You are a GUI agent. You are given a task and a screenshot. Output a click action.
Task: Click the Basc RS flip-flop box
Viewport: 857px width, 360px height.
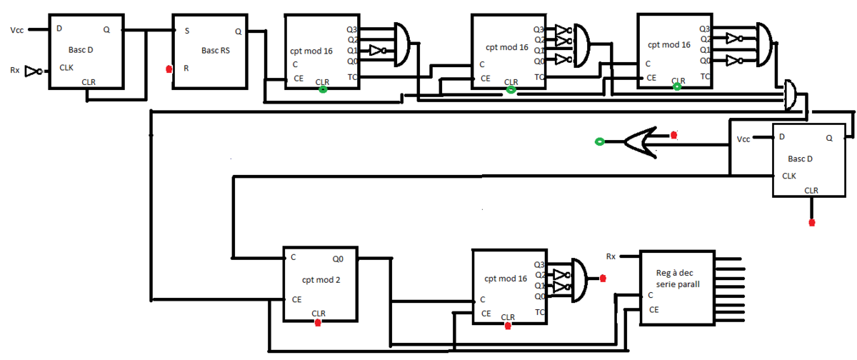point(211,51)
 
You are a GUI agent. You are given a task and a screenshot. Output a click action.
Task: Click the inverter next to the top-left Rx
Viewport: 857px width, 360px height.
point(33,70)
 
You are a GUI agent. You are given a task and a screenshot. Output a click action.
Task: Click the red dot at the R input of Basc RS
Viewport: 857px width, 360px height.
point(169,69)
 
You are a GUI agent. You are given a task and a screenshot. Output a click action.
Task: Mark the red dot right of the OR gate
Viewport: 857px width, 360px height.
point(673,134)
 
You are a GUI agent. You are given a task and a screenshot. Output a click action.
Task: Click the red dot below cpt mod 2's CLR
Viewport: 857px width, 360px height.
point(317,322)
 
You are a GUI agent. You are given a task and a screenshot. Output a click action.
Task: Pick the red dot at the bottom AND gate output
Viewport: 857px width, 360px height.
point(603,278)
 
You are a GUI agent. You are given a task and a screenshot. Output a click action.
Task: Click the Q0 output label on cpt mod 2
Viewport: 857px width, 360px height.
point(339,259)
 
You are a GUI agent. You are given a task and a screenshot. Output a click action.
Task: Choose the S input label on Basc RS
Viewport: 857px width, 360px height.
point(186,31)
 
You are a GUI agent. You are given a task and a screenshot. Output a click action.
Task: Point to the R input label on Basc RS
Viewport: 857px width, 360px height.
point(186,69)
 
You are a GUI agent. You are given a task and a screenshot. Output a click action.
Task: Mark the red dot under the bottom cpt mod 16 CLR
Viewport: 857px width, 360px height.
point(508,326)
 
